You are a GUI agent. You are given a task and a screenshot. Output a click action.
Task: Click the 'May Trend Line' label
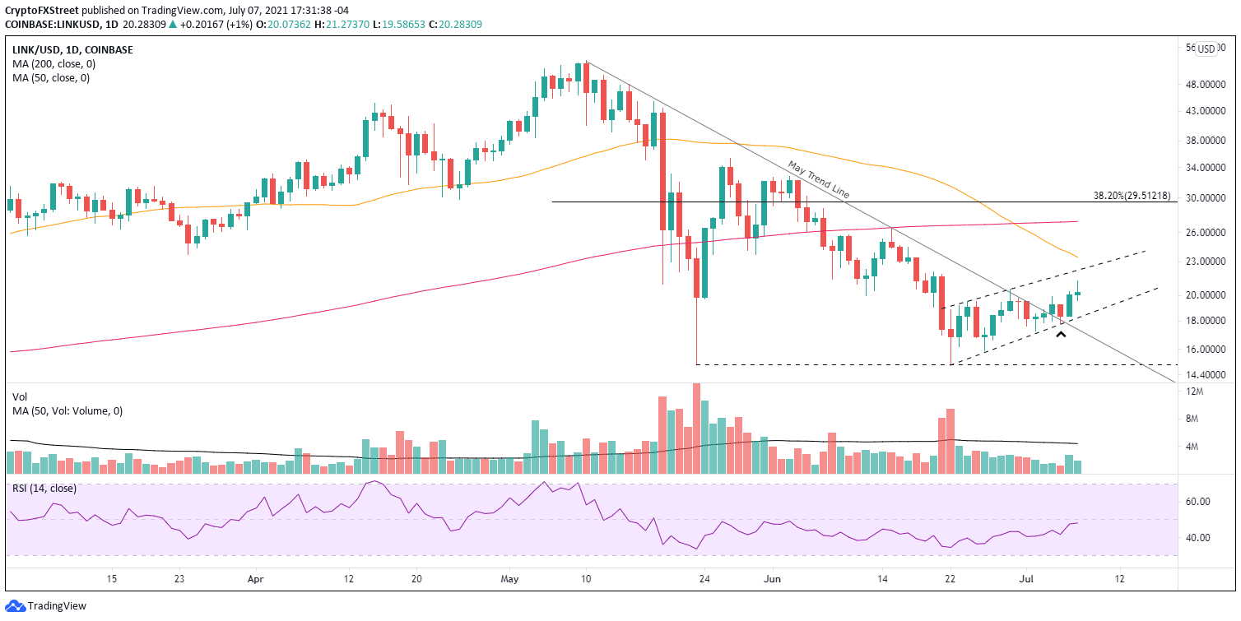818,179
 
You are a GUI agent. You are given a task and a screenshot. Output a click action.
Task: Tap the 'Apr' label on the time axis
255,579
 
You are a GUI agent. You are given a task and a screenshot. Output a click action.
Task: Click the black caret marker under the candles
1062,335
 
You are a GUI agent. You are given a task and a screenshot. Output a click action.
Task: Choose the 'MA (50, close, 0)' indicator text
49,78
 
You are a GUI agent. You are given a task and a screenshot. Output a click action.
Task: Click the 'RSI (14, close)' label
44,488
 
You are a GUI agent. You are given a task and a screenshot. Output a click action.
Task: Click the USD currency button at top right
1206,49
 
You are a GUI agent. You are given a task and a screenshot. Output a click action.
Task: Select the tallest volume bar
696,428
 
